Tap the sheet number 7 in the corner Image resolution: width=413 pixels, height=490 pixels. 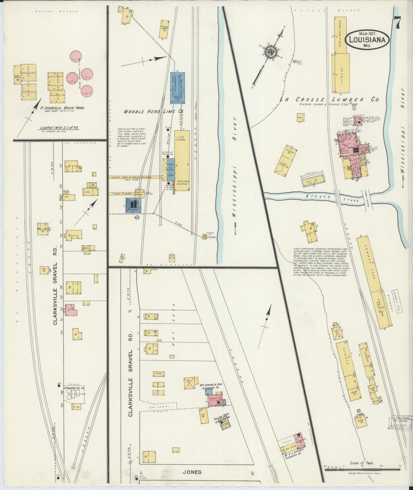pos(397,23)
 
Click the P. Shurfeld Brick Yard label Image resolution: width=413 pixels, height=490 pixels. pos(60,108)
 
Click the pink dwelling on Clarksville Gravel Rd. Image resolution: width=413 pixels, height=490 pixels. pos(71,310)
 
